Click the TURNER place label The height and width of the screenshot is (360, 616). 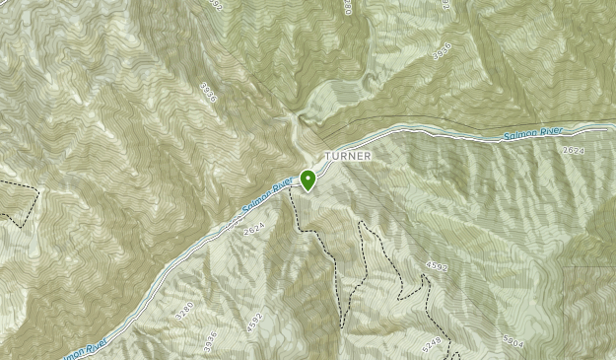[x=344, y=156]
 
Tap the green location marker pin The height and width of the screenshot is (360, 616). [x=308, y=180]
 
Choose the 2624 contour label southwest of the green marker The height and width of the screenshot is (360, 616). [x=254, y=228]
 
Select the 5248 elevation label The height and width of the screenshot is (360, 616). [x=431, y=345]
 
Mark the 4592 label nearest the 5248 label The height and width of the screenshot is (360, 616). [x=437, y=266]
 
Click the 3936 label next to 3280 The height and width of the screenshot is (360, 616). [x=209, y=340]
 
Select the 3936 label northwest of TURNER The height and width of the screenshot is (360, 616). [x=207, y=92]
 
